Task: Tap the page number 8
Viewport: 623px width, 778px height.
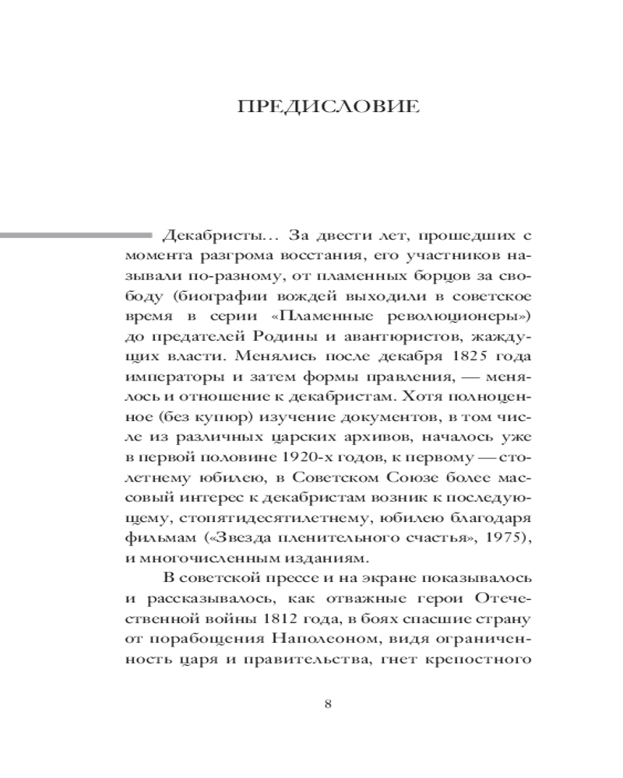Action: [x=327, y=704]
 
